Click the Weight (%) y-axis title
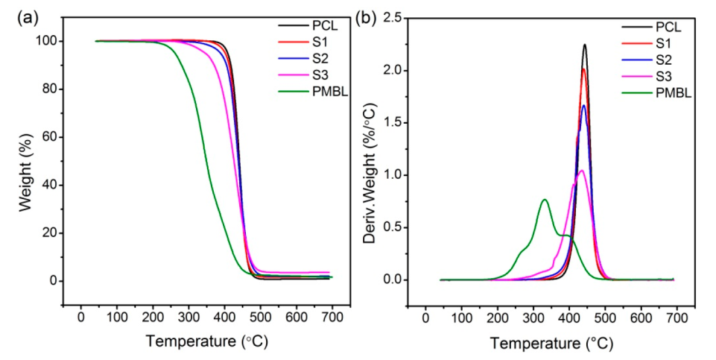click(27, 160)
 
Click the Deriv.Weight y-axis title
click(370, 160)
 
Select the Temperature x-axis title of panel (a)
click(206, 342)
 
